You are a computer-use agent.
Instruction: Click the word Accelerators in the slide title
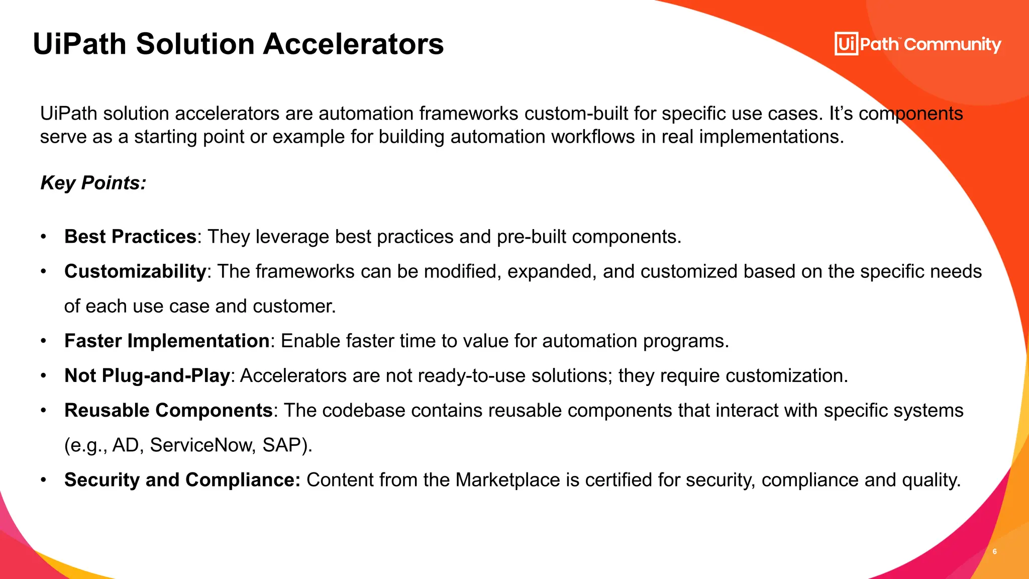click(353, 44)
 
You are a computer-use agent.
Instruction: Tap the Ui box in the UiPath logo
click(846, 44)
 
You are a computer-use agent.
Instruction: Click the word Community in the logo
click(953, 45)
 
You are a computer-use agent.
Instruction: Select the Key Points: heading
click(93, 183)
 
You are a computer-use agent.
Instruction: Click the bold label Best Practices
click(130, 237)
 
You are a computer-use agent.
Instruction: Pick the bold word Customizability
click(135, 271)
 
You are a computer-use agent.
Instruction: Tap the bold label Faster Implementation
click(167, 341)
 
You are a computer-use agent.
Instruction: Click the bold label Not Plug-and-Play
click(147, 375)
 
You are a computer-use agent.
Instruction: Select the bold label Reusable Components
click(168, 410)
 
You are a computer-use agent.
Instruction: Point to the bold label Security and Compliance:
click(182, 480)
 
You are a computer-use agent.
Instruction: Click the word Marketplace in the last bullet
click(507, 480)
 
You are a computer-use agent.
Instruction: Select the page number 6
click(994, 552)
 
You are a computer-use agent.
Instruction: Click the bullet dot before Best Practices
click(44, 237)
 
